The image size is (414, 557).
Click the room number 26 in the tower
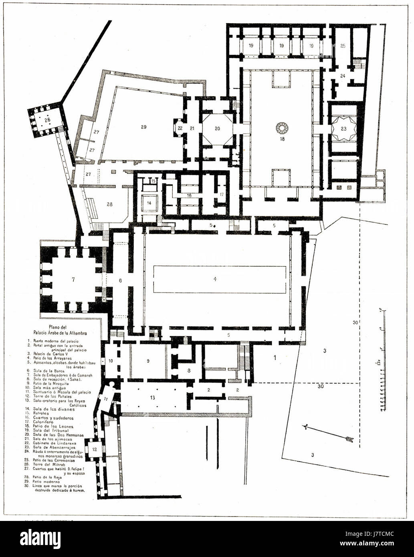tap(47, 119)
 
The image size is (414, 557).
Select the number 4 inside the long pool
tap(215, 279)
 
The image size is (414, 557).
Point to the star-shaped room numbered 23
tap(343, 129)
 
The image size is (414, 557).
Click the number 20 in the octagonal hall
tap(217, 129)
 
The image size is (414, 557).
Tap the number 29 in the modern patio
tap(143, 127)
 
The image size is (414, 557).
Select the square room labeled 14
tap(149, 203)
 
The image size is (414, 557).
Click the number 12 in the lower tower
tap(95, 449)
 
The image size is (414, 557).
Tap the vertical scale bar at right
tap(383, 361)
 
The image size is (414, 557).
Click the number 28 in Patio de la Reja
tap(109, 204)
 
